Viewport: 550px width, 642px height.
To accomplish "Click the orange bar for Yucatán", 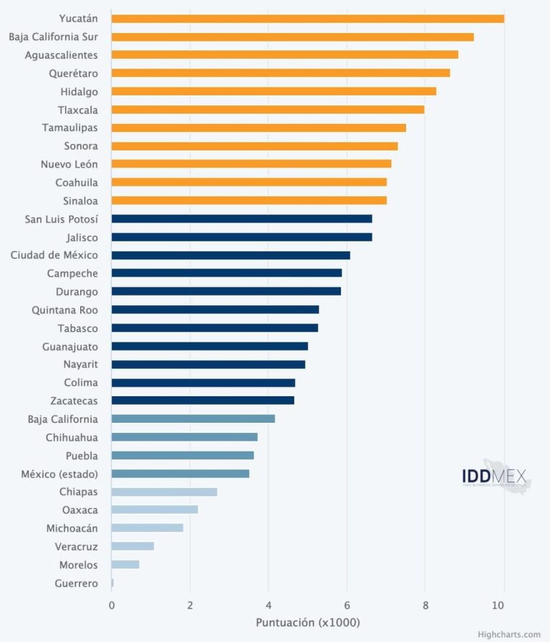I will click(x=308, y=19).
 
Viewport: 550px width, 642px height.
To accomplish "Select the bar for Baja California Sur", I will click(x=292, y=37).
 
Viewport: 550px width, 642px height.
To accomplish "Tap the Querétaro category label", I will click(x=73, y=73).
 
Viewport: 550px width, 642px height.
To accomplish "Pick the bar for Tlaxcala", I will click(x=268, y=110).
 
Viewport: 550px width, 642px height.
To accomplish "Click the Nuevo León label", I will click(x=69, y=164).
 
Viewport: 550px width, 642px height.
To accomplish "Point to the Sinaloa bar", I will click(x=249, y=201).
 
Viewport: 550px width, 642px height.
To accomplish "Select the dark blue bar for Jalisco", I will click(x=241, y=237).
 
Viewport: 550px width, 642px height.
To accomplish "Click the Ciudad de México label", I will click(x=54, y=255).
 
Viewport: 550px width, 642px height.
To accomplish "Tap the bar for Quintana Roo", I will click(x=215, y=310).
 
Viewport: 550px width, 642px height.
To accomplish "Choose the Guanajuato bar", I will click(x=210, y=346).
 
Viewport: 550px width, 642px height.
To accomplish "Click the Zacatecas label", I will click(x=74, y=401).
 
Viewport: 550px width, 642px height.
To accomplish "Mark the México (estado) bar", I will click(x=180, y=474).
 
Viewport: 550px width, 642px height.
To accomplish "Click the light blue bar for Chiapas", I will click(x=164, y=492).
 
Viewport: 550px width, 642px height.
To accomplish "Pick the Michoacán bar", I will click(x=147, y=528).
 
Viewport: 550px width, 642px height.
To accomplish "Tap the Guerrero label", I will click(x=76, y=583).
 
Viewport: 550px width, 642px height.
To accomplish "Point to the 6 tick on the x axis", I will click(x=347, y=605).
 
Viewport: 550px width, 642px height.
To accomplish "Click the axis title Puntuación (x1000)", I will click(x=308, y=623).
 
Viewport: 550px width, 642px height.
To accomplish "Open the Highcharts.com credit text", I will click(x=509, y=634).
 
